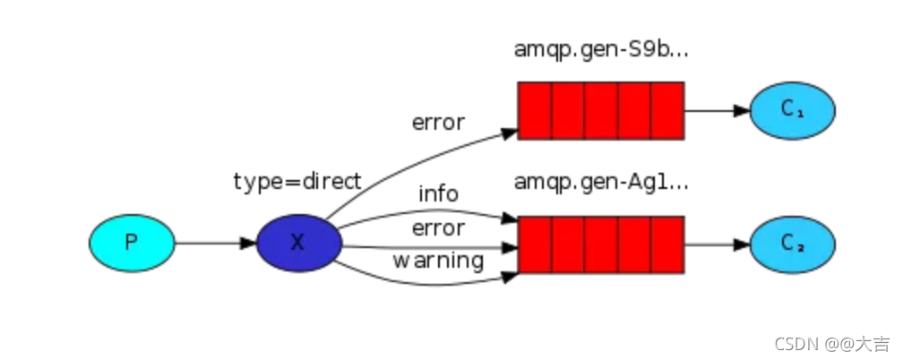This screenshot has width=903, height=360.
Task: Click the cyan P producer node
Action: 132,243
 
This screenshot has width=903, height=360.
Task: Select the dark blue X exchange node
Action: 299,243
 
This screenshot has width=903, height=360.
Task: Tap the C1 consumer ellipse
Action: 793,110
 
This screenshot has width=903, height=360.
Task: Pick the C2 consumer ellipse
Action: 793,244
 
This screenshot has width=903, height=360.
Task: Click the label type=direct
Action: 297,182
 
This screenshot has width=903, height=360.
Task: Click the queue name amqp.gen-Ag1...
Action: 600,183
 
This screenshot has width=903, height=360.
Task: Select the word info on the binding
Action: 438,194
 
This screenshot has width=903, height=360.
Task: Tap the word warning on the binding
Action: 438,261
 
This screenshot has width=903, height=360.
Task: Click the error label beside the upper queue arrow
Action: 438,123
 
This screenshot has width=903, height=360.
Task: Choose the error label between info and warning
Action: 438,228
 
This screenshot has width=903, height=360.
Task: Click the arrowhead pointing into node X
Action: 248,243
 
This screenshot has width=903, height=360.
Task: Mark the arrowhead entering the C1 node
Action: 742,110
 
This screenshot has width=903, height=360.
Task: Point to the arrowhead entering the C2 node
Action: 742,244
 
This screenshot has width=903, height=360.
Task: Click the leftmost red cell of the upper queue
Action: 535,110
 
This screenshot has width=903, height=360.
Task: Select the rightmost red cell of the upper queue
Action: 667,110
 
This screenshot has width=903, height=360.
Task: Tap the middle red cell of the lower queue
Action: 601,244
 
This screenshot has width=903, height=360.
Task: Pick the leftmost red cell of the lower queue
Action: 535,244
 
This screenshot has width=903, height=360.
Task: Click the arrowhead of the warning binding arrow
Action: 511,277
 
